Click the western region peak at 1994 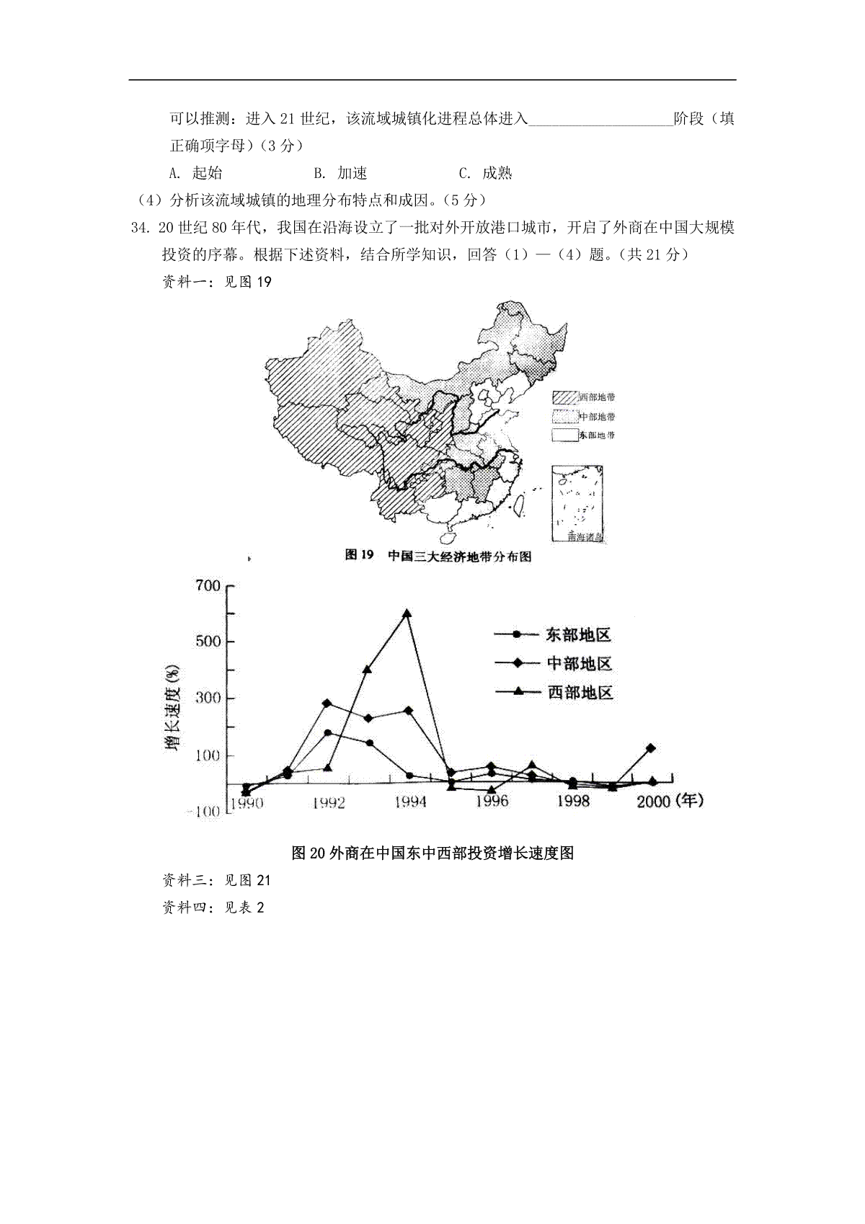407,613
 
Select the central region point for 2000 651,748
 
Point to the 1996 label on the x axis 492,801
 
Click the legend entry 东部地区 578,635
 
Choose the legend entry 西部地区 580,693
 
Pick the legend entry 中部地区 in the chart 579,664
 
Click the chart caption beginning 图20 432,853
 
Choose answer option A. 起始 195,173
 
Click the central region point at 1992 327,704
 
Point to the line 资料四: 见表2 213,908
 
